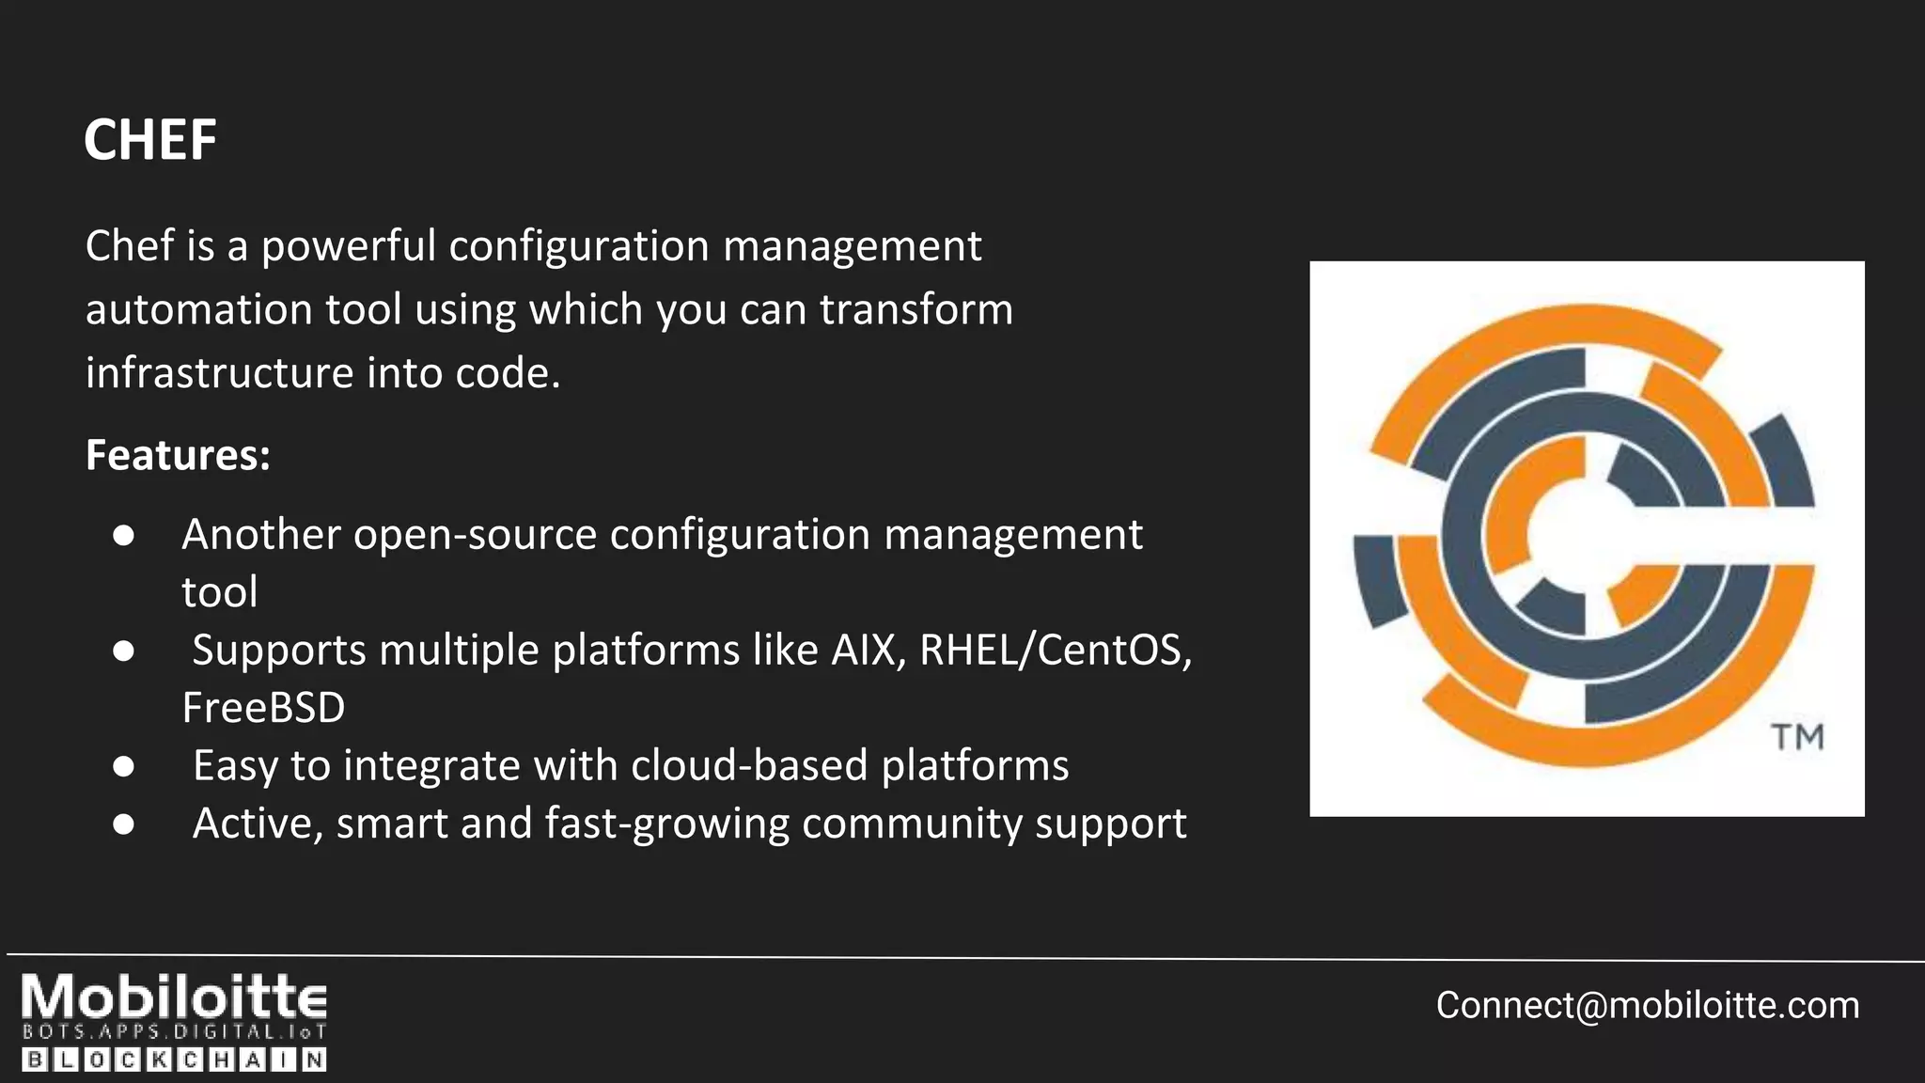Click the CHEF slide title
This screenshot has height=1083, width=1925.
click(150, 140)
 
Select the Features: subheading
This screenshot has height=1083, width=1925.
click(178, 455)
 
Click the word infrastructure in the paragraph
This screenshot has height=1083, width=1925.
click(219, 373)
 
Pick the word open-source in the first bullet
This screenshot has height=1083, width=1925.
click(475, 534)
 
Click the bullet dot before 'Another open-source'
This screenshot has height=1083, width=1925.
click(123, 535)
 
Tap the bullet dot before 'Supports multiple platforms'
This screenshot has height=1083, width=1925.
click(123, 651)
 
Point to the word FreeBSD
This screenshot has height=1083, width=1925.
click(263, 708)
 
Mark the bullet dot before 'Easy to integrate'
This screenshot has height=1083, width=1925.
click(123, 766)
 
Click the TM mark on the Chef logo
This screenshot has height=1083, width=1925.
click(1797, 737)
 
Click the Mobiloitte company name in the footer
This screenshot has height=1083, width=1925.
click(174, 997)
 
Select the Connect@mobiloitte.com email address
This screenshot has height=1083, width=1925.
click(1647, 1005)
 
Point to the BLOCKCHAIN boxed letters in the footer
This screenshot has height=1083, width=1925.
click(174, 1060)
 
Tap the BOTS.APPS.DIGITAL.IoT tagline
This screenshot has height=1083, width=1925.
click(174, 1031)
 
